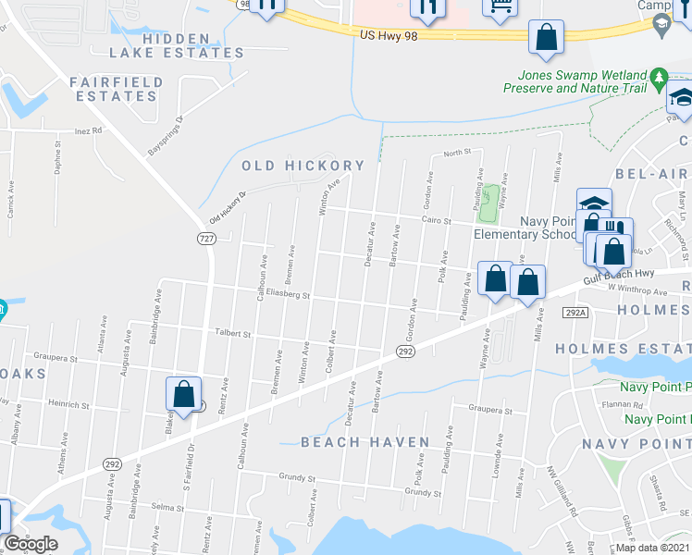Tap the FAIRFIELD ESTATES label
point(117,89)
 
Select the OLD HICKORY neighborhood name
point(303,166)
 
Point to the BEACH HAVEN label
point(365,443)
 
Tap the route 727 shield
point(207,238)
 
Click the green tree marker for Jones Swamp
point(660,78)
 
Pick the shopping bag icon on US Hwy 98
point(546,39)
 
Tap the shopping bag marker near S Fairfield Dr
point(183,394)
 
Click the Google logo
point(31,544)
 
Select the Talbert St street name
point(233,334)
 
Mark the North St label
point(457,152)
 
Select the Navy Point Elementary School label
point(523,228)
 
